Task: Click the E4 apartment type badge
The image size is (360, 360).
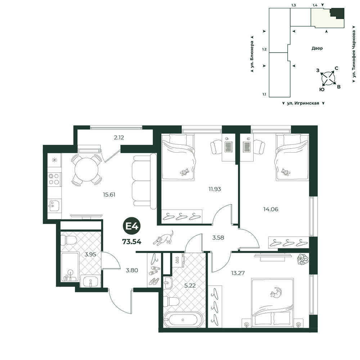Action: tap(132, 226)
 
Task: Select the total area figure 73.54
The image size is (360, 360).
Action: tap(132, 242)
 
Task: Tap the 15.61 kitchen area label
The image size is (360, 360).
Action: tap(109, 195)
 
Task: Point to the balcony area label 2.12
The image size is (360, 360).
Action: tap(119, 138)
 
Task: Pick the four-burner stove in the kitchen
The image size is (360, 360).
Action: tap(54, 179)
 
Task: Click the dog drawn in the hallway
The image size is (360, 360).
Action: tap(163, 238)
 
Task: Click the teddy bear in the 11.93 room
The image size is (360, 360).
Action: tap(184, 172)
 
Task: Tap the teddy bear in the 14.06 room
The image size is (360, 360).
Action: tap(285, 172)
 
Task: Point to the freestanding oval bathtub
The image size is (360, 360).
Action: tap(183, 319)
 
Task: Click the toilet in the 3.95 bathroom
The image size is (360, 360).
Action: tap(68, 240)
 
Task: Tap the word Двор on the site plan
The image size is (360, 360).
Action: tap(317, 48)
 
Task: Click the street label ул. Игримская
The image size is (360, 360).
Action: tap(303, 103)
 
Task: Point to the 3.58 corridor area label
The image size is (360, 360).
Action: tap(218, 238)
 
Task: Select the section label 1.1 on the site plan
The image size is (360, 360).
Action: tap(264, 94)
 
